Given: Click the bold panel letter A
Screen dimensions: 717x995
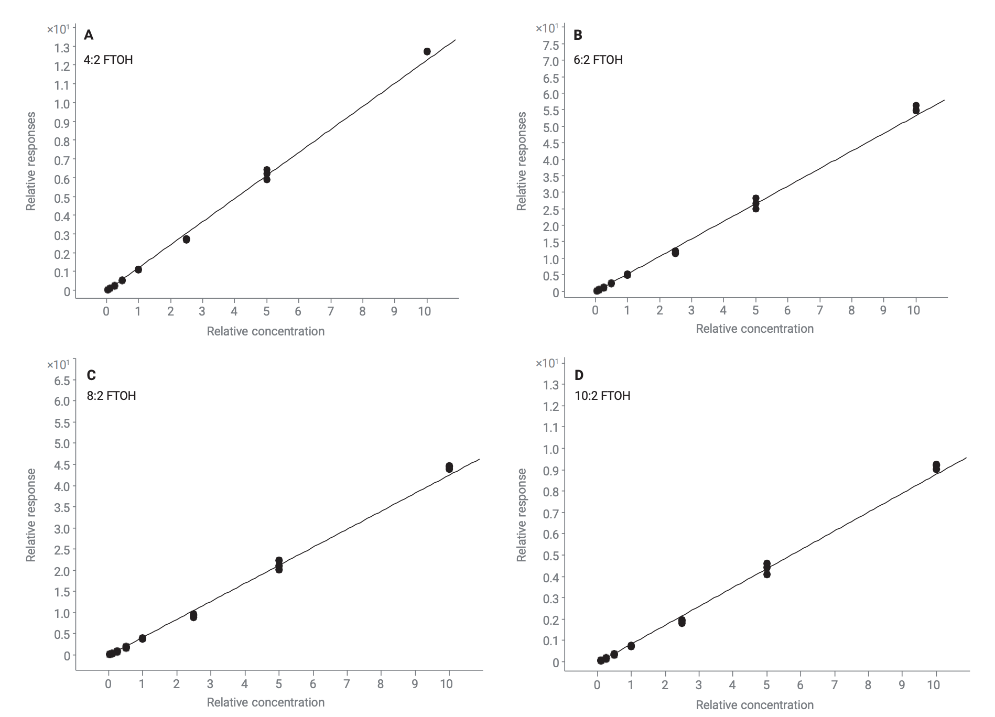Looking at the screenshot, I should [x=89, y=35].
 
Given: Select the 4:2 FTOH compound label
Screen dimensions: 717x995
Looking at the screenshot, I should [x=109, y=60].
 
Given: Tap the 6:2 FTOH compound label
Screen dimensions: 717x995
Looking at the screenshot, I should [x=598, y=60].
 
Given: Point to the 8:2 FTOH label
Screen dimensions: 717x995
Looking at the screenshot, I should [x=111, y=396].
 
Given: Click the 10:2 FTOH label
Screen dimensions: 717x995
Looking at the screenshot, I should [x=602, y=396].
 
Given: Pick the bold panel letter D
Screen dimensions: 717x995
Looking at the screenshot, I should [x=579, y=375].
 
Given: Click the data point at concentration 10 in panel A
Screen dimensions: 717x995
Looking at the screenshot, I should [x=427, y=51].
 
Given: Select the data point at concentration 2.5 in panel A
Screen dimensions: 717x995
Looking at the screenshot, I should [x=186, y=240].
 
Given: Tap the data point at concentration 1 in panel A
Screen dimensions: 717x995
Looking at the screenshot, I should [x=138, y=269].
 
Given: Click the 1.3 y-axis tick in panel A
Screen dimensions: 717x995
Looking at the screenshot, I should [x=62, y=48].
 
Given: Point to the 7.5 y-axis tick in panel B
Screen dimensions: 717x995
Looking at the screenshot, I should [x=551, y=45].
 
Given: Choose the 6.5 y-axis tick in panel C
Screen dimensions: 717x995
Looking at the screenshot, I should [x=62, y=381].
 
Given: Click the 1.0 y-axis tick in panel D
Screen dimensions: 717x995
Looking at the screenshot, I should [x=551, y=449].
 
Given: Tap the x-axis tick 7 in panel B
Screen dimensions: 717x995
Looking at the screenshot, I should [x=819, y=310].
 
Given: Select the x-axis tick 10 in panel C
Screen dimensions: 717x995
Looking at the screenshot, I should [x=446, y=684].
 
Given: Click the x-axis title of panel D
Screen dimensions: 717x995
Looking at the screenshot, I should [x=754, y=705].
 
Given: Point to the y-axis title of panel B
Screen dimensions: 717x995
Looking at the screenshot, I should [x=522, y=161].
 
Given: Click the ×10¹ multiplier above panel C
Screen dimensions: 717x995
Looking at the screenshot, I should [x=58, y=364].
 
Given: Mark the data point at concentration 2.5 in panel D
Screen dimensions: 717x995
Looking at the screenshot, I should [x=682, y=622].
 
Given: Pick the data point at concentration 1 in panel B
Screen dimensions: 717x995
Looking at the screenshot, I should [x=627, y=275].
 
